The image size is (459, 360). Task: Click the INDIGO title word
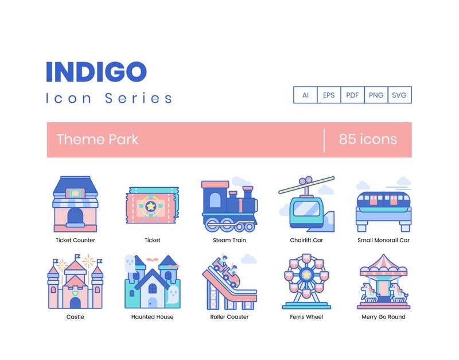pyautogui.click(x=96, y=71)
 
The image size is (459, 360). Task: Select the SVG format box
pyautogui.click(x=399, y=95)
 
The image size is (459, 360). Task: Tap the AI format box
pyautogui.click(x=305, y=95)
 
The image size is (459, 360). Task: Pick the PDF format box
pyautogui.click(x=352, y=95)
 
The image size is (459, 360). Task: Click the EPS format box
pyautogui.click(x=329, y=95)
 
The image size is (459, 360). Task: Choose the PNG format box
pyautogui.click(x=376, y=95)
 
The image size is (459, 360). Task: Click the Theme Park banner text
pyautogui.click(x=98, y=140)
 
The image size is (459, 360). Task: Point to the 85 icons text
pyautogui.click(x=368, y=140)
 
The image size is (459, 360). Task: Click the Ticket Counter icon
pyautogui.click(x=75, y=204)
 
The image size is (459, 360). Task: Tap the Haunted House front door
pyautogui.click(x=151, y=302)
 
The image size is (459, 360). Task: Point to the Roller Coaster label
pyautogui.click(x=229, y=317)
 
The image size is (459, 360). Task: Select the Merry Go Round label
pyautogui.click(x=383, y=317)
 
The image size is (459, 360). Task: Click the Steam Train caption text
pyautogui.click(x=229, y=240)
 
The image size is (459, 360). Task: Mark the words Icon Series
pyautogui.click(x=109, y=98)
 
